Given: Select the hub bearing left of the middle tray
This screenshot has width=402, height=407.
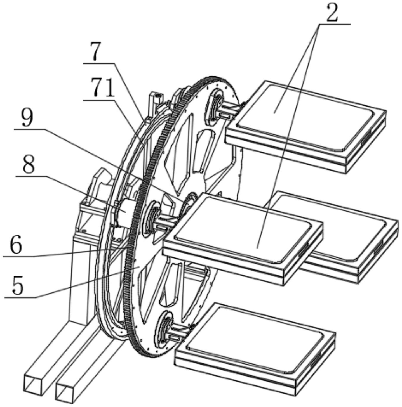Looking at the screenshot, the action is pos(152,219).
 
